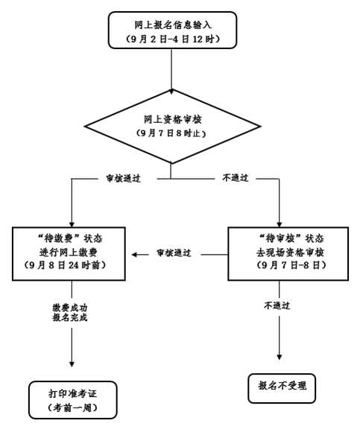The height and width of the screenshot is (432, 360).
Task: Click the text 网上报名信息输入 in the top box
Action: tap(173, 25)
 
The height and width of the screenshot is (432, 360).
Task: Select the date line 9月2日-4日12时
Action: tap(173, 39)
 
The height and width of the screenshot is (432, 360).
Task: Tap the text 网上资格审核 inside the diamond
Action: tap(173, 120)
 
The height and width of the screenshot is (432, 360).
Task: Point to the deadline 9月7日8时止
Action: tap(171, 133)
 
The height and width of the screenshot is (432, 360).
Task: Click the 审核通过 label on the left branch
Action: tap(124, 179)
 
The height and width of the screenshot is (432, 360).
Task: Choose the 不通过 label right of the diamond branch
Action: tap(236, 178)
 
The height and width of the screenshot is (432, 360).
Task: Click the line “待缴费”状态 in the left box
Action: tap(69, 238)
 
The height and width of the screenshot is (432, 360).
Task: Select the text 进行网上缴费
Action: tap(69, 252)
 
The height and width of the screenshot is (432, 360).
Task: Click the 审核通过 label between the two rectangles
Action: tap(174, 253)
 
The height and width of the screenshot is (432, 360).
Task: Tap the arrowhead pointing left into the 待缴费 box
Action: tap(134, 255)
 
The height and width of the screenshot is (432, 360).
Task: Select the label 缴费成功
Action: tap(70, 308)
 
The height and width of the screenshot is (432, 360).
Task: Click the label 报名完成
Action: tap(70, 317)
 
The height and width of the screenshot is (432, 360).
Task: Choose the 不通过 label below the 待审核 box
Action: tap(277, 305)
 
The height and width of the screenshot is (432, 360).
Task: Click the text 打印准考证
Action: tap(73, 394)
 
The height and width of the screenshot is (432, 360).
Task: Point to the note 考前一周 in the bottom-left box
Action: tap(72, 407)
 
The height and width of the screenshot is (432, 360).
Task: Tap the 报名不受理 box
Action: tap(282, 388)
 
